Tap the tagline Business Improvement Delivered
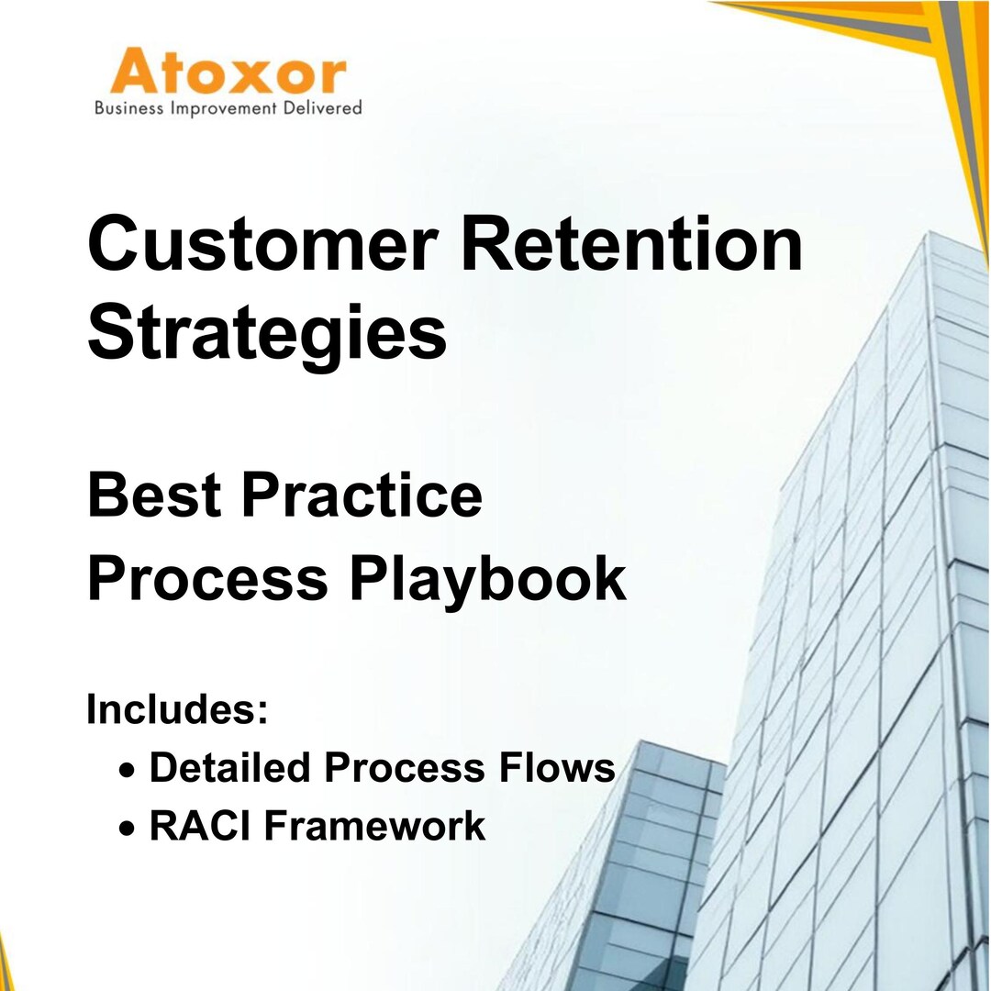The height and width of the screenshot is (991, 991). click(x=228, y=108)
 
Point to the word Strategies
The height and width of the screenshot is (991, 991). click(x=266, y=335)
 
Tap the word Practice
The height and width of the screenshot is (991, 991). click(x=362, y=495)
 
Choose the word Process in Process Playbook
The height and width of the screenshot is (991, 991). click(x=207, y=580)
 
